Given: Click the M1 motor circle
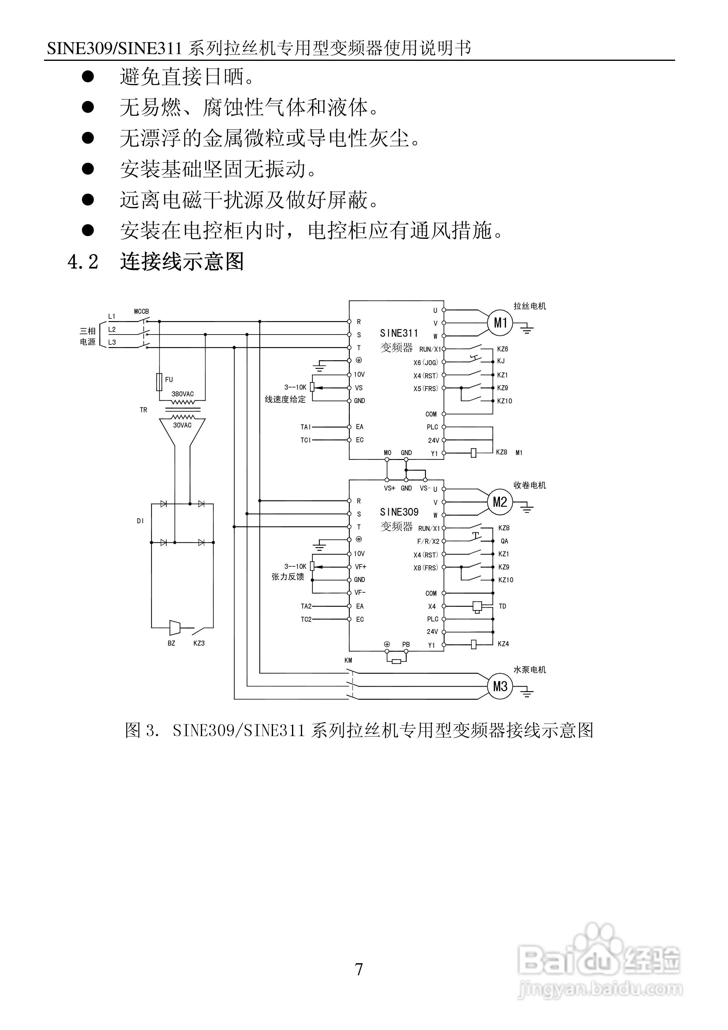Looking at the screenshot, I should pyautogui.click(x=500, y=323).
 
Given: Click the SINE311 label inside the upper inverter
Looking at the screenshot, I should pyautogui.click(x=399, y=333).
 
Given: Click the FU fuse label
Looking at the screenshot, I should pyautogui.click(x=169, y=380).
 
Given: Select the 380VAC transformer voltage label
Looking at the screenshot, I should pyautogui.click(x=183, y=394).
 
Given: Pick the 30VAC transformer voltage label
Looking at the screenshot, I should pyautogui.click(x=182, y=425).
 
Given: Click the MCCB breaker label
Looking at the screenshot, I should pyautogui.click(x=141, y=311).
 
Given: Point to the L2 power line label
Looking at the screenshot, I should pyautogui.click(x=112, y=330).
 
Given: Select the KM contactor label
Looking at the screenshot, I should pyautogui.click(x=348, y=660).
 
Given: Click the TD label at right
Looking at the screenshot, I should pyautogui.click(x=502, y=606).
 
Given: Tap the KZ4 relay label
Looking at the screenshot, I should pyautogui.click(x=503, y=644).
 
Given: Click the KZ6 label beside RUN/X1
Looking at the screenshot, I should pyautogui.click(x=502, y=349).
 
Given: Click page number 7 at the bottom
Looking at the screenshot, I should pyautogui.click(x=359, y=970).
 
